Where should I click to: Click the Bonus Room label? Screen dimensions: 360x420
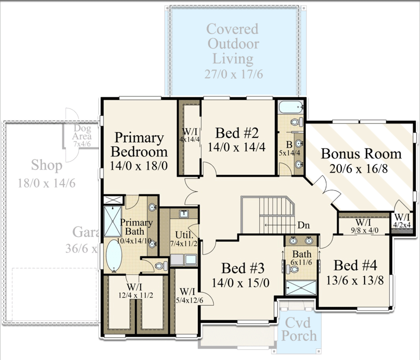361,153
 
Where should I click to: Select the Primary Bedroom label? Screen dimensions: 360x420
138,144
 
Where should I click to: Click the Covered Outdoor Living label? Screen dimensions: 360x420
233,44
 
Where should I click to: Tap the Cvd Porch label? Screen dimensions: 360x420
299,328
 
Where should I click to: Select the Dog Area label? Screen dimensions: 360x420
82,133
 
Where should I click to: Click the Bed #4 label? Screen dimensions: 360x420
358,265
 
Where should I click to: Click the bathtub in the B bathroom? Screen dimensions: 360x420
289,107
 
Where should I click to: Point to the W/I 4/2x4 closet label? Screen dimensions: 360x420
402,220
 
